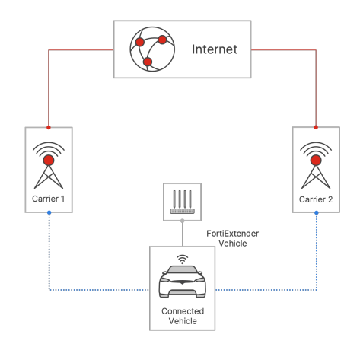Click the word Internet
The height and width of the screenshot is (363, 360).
coord(215,49)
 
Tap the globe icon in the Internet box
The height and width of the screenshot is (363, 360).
coord(152,49)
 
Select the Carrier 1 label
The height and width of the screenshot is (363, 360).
coord(48,199)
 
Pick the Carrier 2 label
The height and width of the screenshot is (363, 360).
coord(316,199)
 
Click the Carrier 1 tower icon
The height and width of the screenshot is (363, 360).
coord(49,165)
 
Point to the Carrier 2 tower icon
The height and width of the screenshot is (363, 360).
coord(316,165)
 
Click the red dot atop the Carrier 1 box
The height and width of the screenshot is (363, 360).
coord(49,127)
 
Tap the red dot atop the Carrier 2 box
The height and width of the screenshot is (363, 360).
coord(316,127)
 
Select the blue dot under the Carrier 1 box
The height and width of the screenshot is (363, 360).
coord(49,212)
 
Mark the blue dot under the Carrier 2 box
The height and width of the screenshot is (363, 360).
coord(317,212)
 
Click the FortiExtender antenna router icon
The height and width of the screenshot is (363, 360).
coord(182,202)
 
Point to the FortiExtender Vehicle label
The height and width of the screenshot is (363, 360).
coord(233,238)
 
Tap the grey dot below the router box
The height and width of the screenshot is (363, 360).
coord(182,221)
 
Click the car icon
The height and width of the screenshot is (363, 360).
coord(183,282)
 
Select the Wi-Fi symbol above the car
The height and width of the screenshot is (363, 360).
coord(182,260)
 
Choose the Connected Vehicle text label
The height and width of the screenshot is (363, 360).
coord(183,316)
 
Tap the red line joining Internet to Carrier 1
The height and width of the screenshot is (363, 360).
coord(49,56)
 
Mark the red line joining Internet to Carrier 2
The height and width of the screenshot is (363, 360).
coord(316,56)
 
